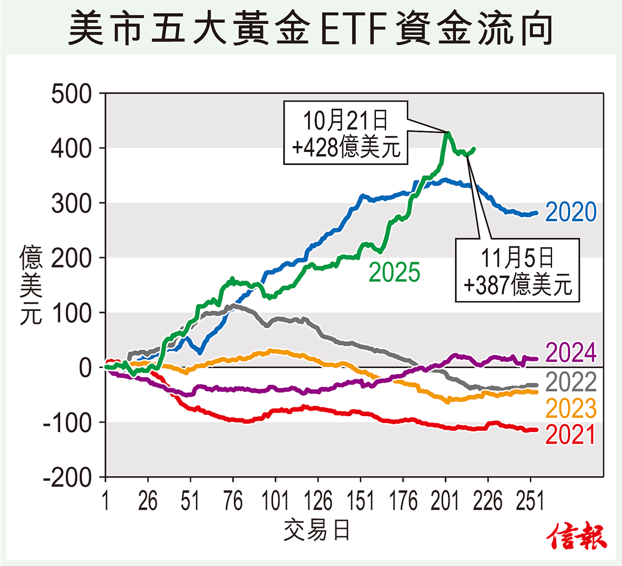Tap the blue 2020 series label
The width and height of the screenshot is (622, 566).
[x=571, y=212]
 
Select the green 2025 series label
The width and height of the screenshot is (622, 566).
[x=394, y=273]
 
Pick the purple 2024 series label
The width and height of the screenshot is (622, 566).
[x=571, y=353]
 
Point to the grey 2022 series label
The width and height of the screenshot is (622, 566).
[x=571, y=383]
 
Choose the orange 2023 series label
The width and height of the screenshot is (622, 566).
[x=571, y=408]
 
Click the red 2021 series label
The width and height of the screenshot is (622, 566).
[x=571, y=434]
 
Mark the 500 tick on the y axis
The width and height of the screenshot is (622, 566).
[x=72, y=94]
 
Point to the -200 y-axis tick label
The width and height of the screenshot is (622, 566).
[x=67, y=477]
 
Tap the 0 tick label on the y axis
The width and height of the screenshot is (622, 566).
[x=85, y=368]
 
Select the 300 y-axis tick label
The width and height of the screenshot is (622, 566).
[x=72, y=204]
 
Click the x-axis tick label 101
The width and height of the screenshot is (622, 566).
[x=275, y=501]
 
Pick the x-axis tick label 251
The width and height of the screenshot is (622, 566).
[x=530, y=501]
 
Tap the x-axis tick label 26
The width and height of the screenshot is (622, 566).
[x=148, y=501]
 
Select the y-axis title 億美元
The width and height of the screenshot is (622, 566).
[x=31, y=285]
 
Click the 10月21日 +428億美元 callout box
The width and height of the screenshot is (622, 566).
[x=346, y=133]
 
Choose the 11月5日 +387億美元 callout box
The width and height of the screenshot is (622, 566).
[x=517, y=270]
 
